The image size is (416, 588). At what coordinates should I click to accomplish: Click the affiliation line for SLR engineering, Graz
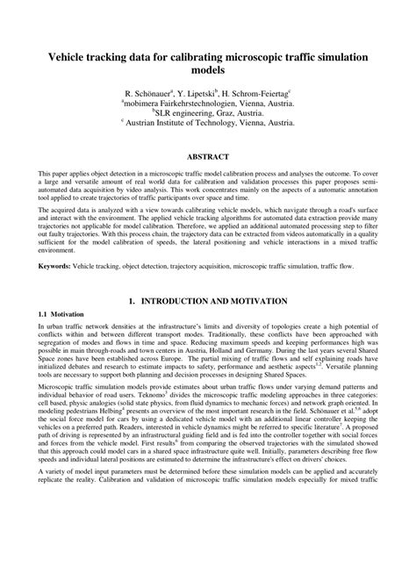(x=208, y=112)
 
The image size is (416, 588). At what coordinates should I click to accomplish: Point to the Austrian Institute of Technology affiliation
(x=208, y=124)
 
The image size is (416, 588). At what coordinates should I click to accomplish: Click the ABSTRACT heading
(x=208, y=157)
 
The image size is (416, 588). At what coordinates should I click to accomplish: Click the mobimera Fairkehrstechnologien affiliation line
(x=208, y=102)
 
